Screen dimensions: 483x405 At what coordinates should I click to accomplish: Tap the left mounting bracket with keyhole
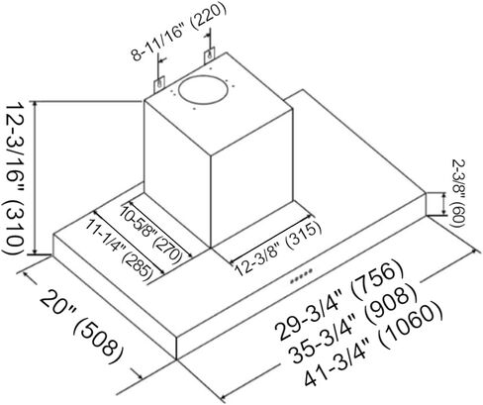tap(160, 84)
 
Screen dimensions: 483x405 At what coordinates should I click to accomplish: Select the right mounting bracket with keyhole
tap(209, 55)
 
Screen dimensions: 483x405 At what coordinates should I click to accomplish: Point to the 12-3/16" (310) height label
tap(14, 178)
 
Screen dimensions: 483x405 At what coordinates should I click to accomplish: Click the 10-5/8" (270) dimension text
tap(151, 235)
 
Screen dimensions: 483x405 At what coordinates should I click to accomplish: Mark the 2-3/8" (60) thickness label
tap(458, 194)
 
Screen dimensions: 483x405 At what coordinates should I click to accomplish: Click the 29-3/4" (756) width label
tap(340, 299)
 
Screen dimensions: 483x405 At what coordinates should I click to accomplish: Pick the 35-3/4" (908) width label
tap(353, 325)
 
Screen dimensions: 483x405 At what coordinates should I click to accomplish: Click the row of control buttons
tap(301, 276)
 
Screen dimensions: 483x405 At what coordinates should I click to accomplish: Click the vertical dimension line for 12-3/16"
tap(35, 178)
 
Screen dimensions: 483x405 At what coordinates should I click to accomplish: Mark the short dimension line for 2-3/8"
tap(443, 205)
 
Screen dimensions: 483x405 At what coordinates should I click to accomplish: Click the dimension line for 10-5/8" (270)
tap(159, 228)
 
